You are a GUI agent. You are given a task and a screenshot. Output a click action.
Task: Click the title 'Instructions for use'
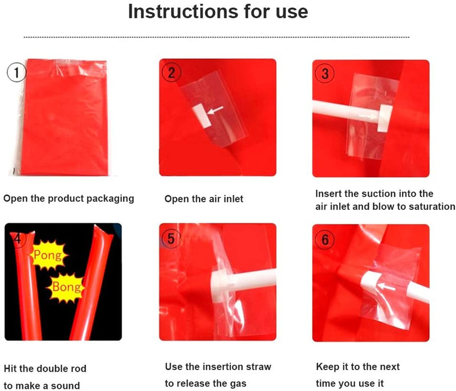click(218, 11)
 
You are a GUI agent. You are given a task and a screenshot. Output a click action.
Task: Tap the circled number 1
click(17, 72)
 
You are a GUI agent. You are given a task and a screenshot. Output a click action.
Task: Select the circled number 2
click(172, 72)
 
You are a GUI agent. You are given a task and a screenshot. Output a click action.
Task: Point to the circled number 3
click(325, 74)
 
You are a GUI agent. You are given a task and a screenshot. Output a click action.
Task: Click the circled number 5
click(171, 238)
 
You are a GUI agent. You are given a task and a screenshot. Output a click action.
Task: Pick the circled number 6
click(325, 239)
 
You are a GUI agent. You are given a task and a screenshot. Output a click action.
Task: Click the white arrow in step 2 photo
click(215, 110)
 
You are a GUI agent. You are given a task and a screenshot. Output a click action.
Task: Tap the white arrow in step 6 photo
click(386, 287)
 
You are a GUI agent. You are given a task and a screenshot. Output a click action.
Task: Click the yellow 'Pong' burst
click(48, 255)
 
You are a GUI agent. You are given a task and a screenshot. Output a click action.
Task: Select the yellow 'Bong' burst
click(66, 287)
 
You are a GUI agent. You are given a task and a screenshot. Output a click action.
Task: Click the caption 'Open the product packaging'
click(68, 198)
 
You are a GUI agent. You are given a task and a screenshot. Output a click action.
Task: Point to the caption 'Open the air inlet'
click(204, 199)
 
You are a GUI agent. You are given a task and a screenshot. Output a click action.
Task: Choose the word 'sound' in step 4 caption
click(65, 386)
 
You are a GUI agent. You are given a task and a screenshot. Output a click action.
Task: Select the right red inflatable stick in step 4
click(92, 282)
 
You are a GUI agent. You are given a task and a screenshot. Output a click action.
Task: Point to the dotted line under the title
click(217, 37)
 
